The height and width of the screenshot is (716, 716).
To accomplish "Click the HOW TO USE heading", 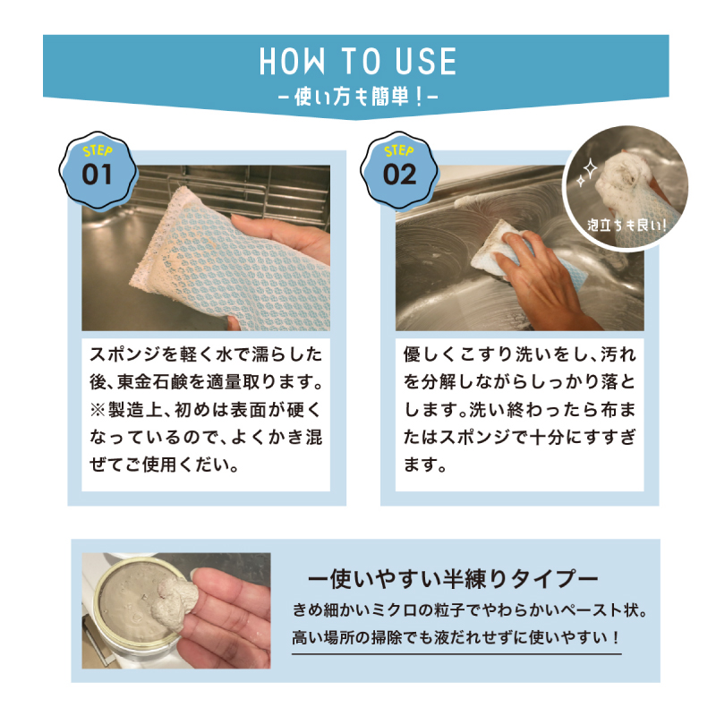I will pyautogui.click(x=357, y=61).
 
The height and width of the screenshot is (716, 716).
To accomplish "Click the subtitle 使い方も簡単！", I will pyautogui.click(x=357, y=96).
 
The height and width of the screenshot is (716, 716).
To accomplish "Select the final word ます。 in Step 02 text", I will pyautogui.click(x=424, y=465).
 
